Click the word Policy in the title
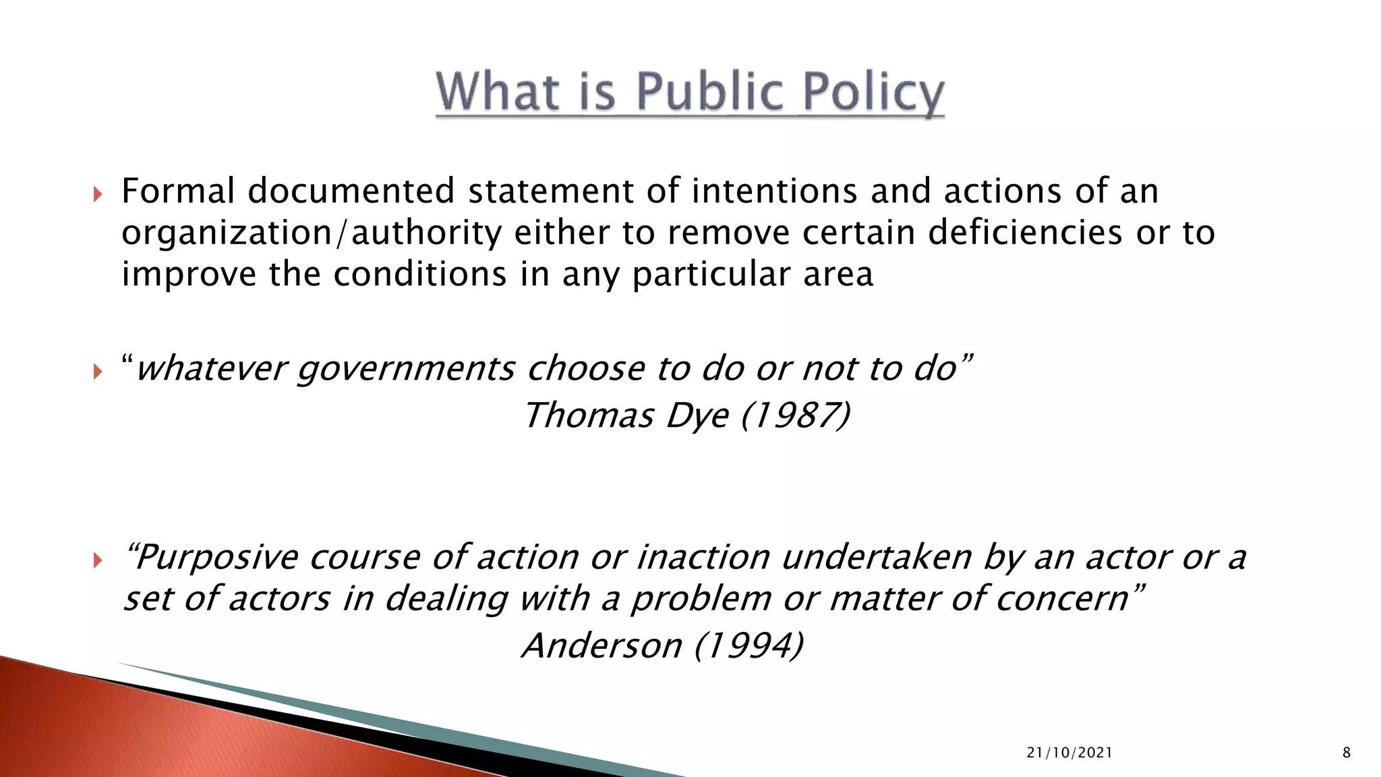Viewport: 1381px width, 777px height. pyautogui.click(x=875, y=92)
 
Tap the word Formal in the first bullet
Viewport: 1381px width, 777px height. pyautogui.click(x=178, y=191)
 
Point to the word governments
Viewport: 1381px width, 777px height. pyautogui.click(x=406, y=369)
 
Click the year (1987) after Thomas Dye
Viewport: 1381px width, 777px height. pyautogui.click(x=795, y=415)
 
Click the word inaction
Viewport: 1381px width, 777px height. pyautogui.click(x=703, y=557)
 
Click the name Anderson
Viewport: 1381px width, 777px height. pyautogui.click(x=602, y=645)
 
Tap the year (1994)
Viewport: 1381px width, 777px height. pyautogui.click(x=748, y=645)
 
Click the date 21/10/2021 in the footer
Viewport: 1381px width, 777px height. pyautogui.click(x=1069, y=753)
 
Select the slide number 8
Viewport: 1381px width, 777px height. pyautogui.click(x=1347, y=753)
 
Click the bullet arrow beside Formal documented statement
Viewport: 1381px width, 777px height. pyautogui.click(x=98, y=195)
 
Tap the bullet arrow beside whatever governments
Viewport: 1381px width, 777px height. pyautogui.click(x=98, y=371)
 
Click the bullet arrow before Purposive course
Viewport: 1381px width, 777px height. pyautogui.click(x=98, y=560)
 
